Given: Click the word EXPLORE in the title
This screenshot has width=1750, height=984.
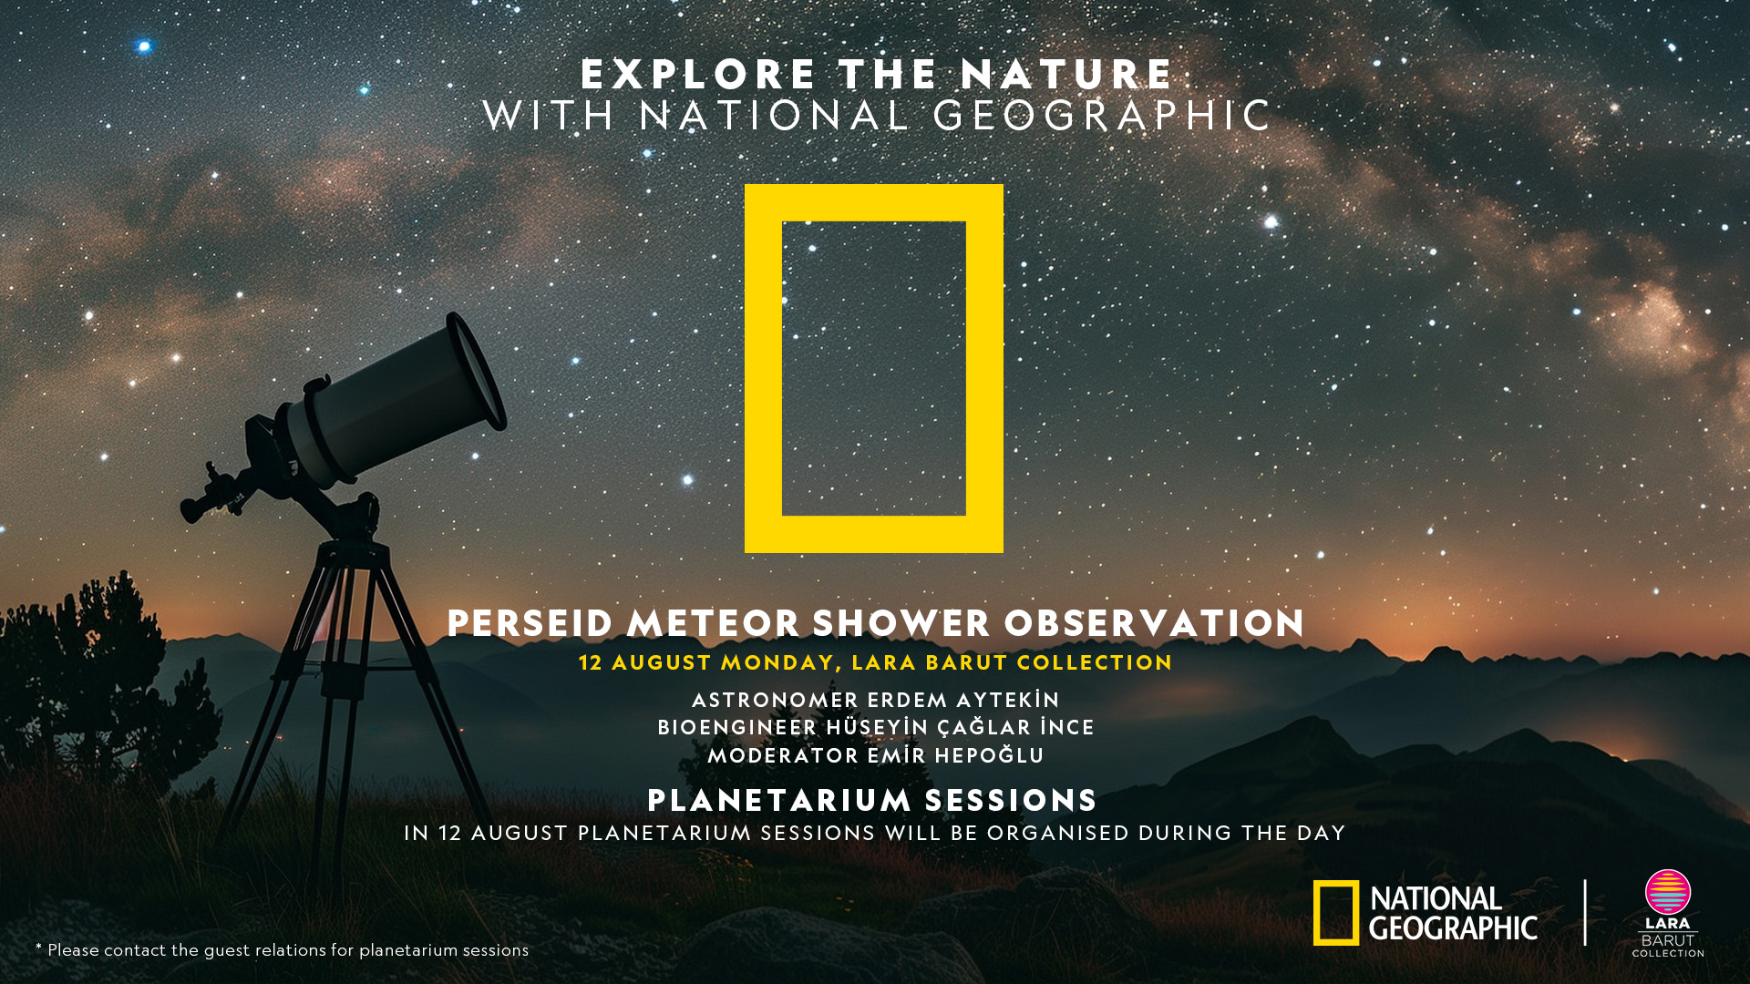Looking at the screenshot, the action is (698, 75).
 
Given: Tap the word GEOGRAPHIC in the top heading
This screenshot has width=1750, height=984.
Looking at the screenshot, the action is (1102, 116).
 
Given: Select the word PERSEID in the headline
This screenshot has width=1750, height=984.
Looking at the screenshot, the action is (530, 624).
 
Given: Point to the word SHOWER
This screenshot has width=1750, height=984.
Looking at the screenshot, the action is (901, 624).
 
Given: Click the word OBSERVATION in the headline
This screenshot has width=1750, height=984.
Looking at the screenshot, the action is (1154, 624).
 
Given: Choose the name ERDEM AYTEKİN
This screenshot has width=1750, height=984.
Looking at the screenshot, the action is (963, 700).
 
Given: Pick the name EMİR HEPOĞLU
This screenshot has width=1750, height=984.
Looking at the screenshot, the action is (955, 755).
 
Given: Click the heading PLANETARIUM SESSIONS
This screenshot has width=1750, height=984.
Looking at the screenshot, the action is (872, 801).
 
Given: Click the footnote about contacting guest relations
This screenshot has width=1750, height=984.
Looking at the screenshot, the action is (282, 949).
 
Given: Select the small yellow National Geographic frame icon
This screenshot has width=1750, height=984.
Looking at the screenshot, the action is (1318, 913).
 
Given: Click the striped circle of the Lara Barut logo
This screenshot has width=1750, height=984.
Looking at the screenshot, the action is (1668, 892).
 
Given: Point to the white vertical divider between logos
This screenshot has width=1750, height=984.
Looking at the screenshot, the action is (1585, 912).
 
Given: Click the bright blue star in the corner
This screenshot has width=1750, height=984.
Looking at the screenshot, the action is (144, 46).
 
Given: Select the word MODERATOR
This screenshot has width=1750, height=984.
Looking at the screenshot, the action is (783, 755).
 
